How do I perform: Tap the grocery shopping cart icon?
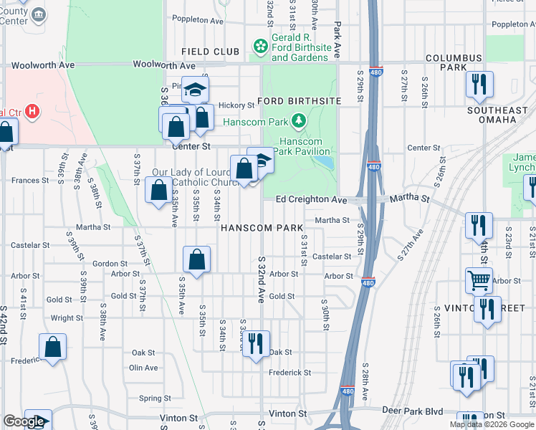(479, 279)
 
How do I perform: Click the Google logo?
(24, 421)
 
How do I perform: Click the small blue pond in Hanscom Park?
(327, 163)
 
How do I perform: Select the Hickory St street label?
(236, 105)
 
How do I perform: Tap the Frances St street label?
(29, 181)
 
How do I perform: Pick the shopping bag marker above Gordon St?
(196, 260)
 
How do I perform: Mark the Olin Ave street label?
(143, 368)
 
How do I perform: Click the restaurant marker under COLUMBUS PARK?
(479, 84)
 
